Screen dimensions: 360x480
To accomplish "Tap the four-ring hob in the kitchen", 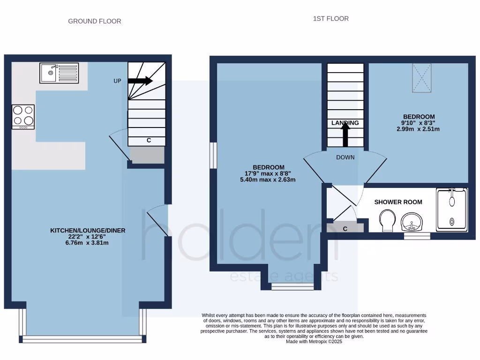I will tap(23, 116).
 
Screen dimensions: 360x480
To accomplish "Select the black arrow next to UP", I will tap(140, 81).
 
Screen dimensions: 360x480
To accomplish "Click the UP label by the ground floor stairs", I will tap(117, 81).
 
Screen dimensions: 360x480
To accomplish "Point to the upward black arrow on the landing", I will tap(345, 136).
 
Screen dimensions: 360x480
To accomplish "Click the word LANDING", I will tap(345, 123).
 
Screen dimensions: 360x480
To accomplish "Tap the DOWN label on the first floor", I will tap(345, 157).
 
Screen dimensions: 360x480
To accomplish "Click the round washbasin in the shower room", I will tap(411, 221).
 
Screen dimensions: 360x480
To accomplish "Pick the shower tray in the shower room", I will tap(452, 210).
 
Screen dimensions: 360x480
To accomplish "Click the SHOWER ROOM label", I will tap(398, 202).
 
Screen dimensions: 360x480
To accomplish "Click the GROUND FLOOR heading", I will tap(95, 21).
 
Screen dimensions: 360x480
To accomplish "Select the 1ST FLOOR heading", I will tap(331, 19).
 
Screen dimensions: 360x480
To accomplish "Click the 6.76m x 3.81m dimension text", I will tap(88, 243).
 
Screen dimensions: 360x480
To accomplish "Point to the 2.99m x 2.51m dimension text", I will tap(419, 129).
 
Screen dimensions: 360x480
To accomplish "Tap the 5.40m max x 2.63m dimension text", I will tap(268, 180).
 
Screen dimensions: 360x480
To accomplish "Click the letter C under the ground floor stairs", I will tap(149, 140).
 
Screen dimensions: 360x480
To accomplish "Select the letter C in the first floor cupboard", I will tap(345, 229).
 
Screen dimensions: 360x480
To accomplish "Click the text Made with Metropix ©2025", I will tap(314, 342).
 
